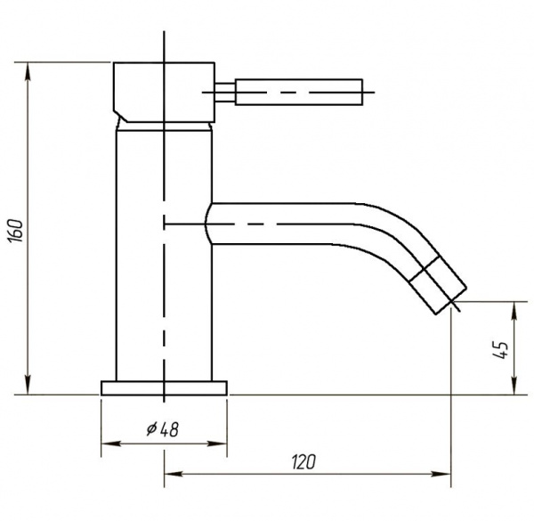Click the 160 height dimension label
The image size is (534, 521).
tap(16, 231)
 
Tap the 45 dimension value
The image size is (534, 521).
tap(500, 349)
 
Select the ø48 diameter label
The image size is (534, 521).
tap(163, 429)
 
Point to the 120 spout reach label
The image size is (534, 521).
tap(303, 462)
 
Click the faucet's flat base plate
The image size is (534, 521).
tap(164, 388)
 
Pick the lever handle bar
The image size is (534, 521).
tap(299, 92)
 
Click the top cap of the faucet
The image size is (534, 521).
tap(164, 92)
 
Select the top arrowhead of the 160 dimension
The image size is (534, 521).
tap(28, 71)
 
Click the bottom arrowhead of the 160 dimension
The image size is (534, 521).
tap(28, 386)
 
